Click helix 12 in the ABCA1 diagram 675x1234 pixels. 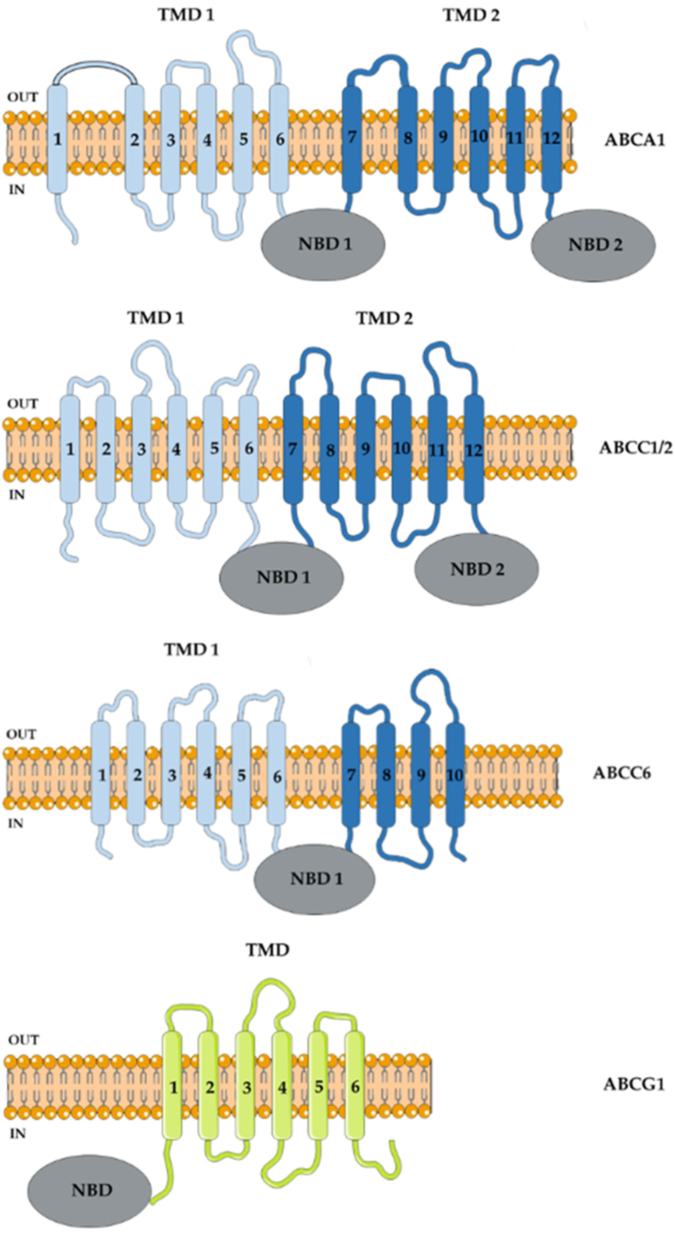[552, 139]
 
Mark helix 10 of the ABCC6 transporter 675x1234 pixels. [455, 775]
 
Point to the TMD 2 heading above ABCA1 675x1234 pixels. [471, 15]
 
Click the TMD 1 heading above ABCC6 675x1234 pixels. [191, 650]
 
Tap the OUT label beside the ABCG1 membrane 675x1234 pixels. [23, 1040]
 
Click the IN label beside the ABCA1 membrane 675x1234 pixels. [17, 190]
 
